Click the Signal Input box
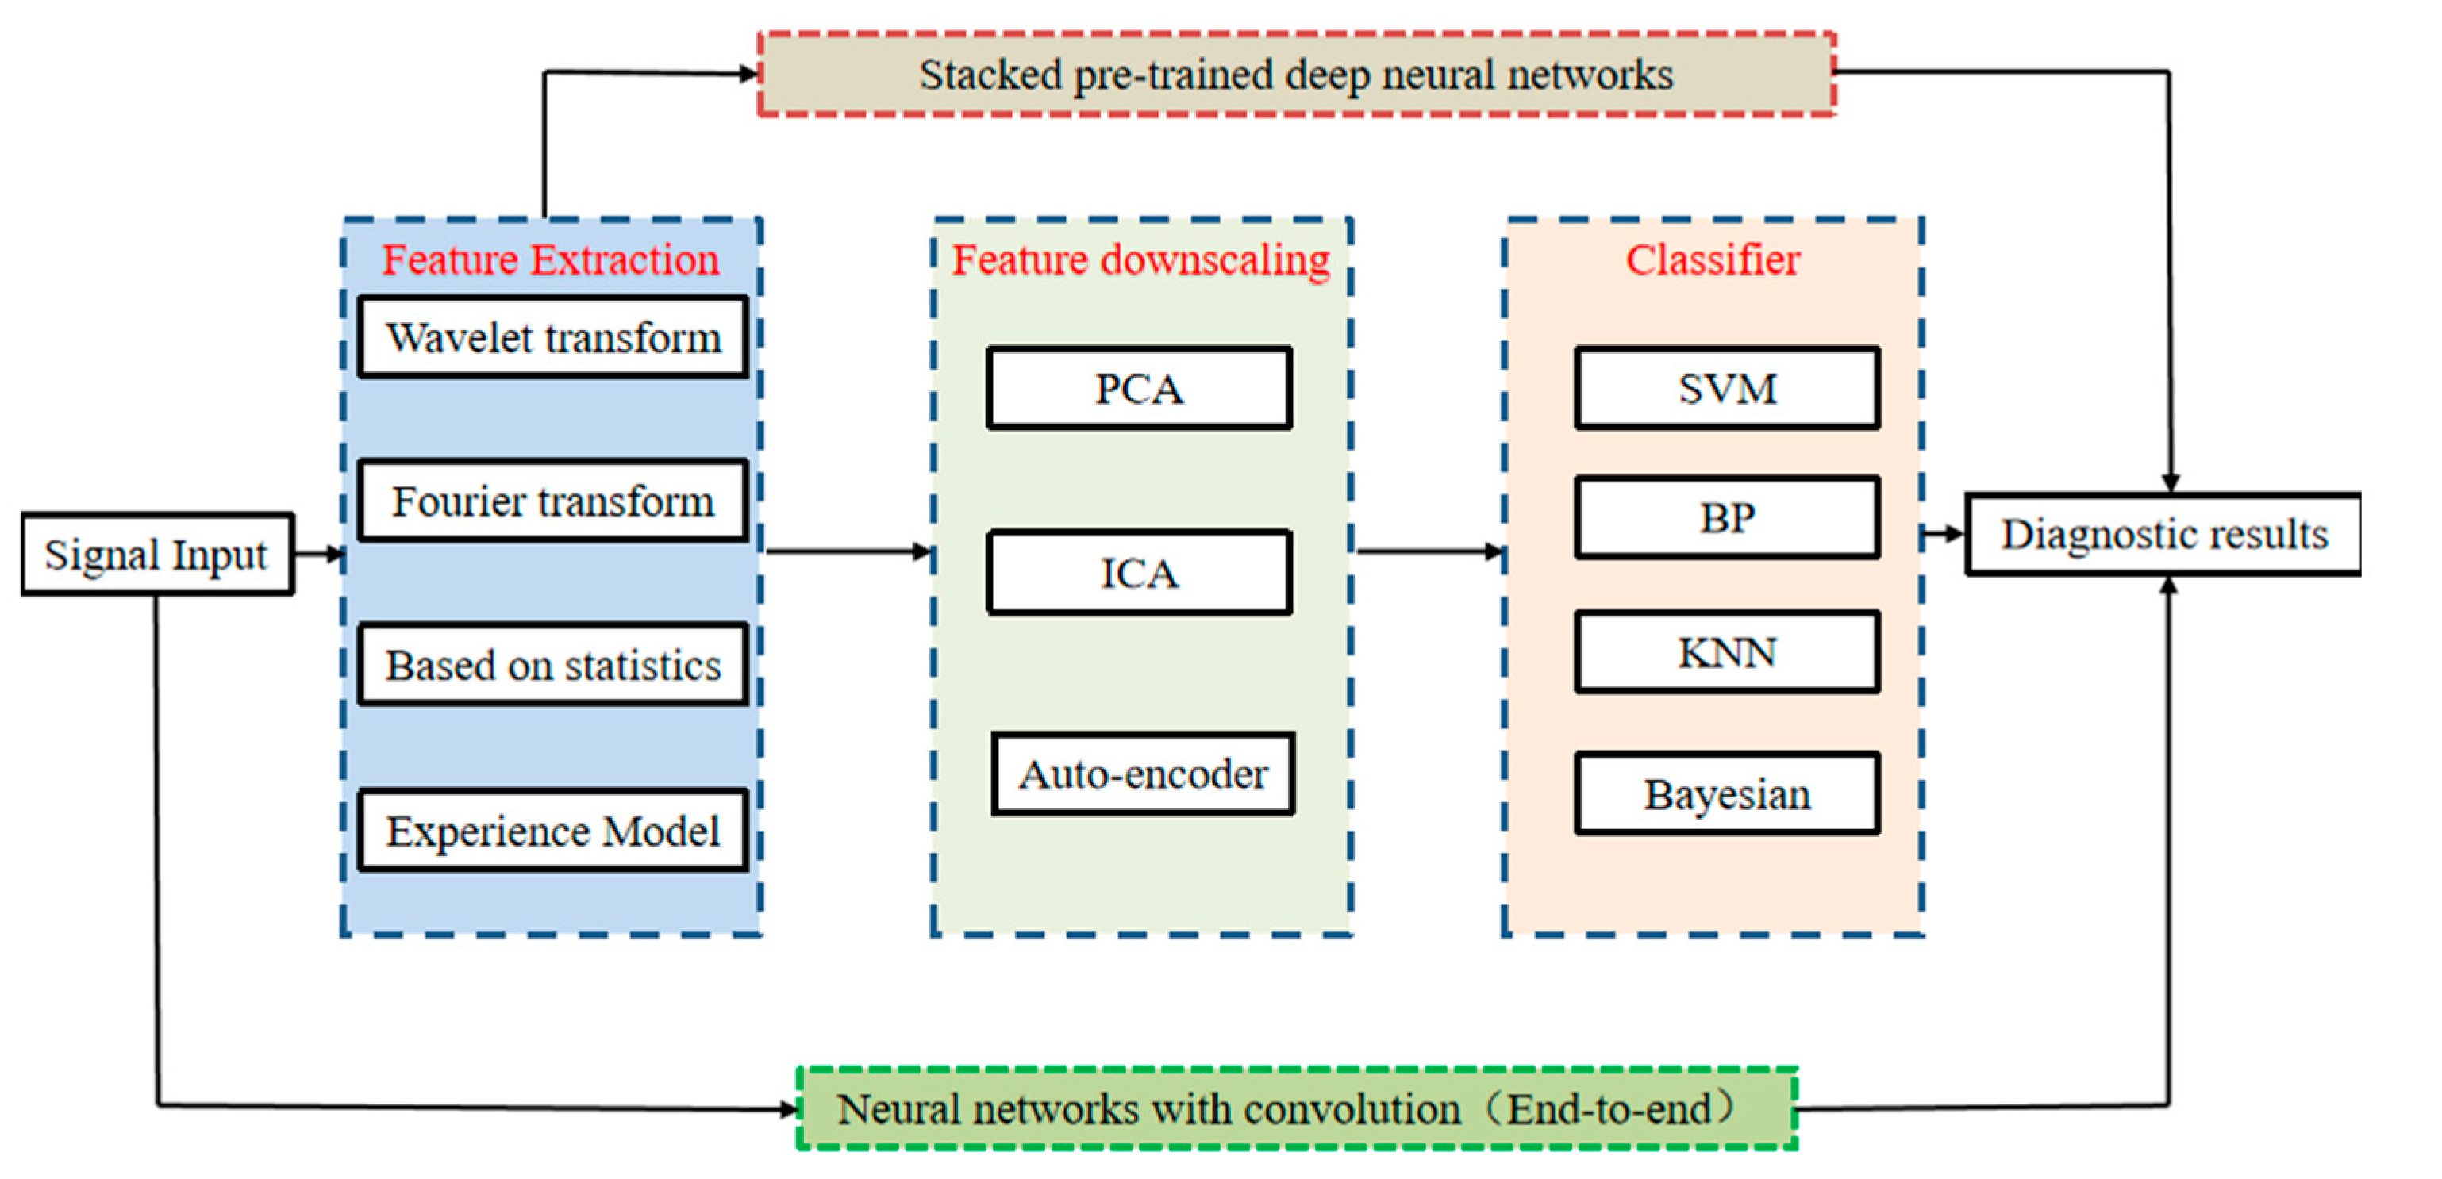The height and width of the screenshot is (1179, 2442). [157, 555]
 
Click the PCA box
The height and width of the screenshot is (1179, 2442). [1139, 389]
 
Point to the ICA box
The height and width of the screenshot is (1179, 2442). [1139, 572]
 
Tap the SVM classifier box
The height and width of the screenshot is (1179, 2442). [1726, 389]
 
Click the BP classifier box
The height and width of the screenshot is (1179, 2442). [1726, 517]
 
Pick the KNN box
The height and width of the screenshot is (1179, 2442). [1726, 652]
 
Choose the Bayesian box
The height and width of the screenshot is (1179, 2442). [1726, 794]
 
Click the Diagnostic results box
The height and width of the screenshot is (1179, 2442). [2163, 535]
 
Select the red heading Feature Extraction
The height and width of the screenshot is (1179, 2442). [550, 259]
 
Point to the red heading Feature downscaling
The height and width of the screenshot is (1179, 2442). [1140, 259]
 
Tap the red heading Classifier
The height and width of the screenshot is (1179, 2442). [1712, 259]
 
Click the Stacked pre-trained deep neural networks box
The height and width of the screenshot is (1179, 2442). [1296, 75]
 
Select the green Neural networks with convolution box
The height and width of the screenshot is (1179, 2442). [1296, 1108]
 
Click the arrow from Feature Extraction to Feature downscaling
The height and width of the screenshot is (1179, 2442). [848, 551]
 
